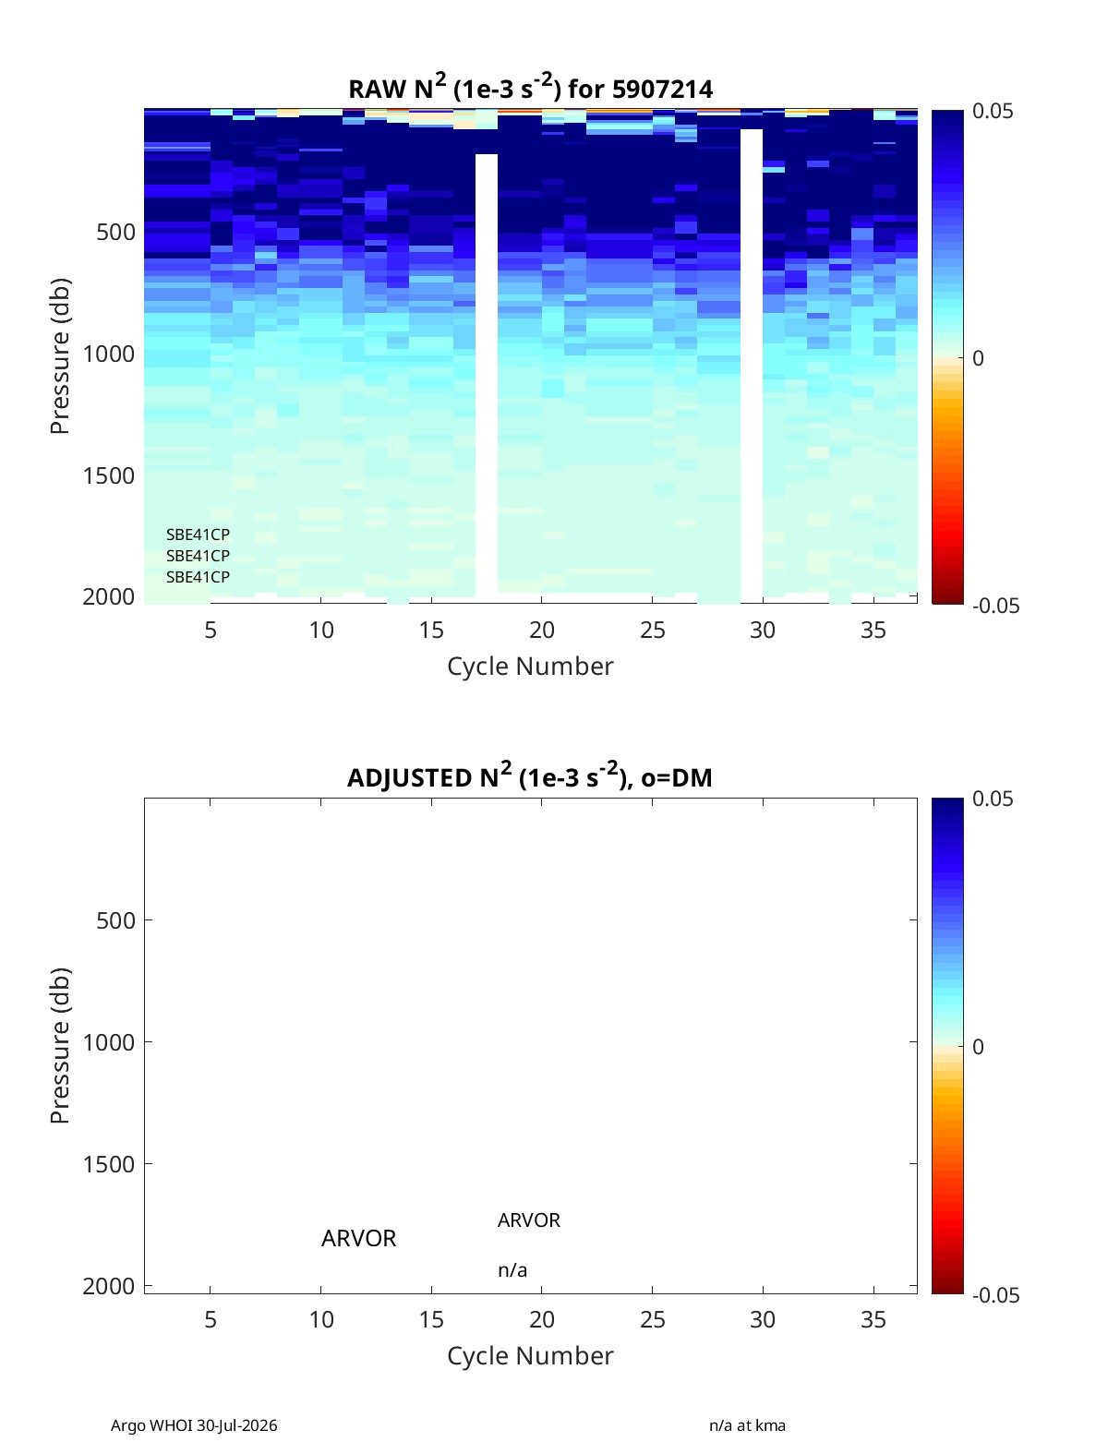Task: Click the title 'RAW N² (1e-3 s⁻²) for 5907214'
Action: click(x=530, y=87)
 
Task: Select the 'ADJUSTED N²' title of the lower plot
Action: click(x=530, y=775)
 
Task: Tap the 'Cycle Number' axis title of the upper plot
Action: click(x=530, y=666)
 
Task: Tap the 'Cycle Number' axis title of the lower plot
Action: click(x=530, y=1355)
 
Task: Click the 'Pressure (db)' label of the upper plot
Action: click(x=60, y=355)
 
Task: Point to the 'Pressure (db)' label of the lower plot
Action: click(x=60, y=1045)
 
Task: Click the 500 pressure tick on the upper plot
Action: click(x=115, y=232)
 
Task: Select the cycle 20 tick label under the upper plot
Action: click(x=541, y=630)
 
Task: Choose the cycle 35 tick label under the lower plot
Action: click(x=873, y=1319)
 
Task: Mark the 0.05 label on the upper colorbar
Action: click(x=992, y=111)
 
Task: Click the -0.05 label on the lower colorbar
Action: click(x=995, y=1294)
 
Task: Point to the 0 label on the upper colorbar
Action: click(x=978, y=358)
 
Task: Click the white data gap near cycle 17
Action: click(x=486, y=374)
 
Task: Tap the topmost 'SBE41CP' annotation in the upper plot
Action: click(x=198, y=535)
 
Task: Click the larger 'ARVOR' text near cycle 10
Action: click(x=358, y=1238)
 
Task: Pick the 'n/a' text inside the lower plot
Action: click(x=512, y=1270)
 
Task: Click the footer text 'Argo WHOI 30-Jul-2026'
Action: click(x=193, y=1424)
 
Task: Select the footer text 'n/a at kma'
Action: click(x=746, y=1424)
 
